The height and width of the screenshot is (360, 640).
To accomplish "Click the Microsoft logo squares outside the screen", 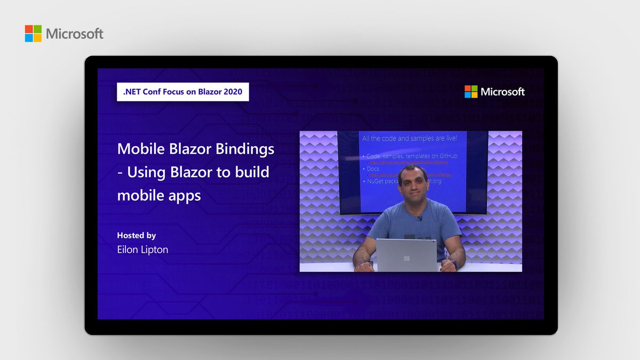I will pyautogui.click(x=33, y=34).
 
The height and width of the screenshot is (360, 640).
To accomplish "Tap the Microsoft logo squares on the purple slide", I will pyautogui.click(x=471, y=92).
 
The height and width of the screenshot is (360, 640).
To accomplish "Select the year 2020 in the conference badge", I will pyautogui.click(x=233, y=92).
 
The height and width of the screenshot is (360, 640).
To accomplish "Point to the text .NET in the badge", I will pyautogui.click(x=132, y=92).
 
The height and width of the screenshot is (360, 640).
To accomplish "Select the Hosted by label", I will pyautogui.click(x=137, y=235).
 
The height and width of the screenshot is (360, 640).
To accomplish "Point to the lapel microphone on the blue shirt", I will pyautogui.click(x=420, y=218).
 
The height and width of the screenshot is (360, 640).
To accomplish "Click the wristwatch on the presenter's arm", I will pyautogui.click(x=455, y=263).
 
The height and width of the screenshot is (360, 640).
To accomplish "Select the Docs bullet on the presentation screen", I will pyautogui.click(x=373, y=168).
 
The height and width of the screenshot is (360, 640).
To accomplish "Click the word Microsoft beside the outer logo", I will pyautogui.click(x=75, y=34).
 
